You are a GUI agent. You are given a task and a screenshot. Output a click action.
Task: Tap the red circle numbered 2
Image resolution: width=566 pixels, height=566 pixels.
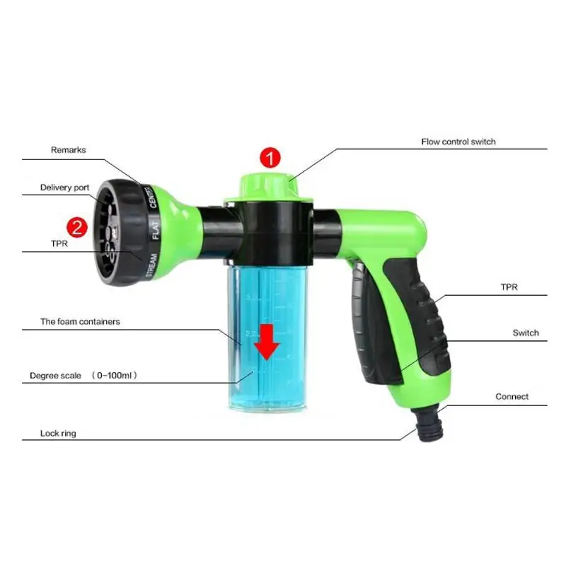pos(76,228)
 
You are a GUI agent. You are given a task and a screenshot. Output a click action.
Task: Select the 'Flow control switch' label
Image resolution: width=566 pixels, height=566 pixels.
pos(458,141)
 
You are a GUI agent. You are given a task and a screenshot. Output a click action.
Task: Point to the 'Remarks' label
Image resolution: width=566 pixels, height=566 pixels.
pos(68,150)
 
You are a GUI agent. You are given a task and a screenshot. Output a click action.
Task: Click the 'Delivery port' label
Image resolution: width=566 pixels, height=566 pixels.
pos(64,187)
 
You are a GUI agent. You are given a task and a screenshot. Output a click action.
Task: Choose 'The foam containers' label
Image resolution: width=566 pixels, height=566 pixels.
pos(80,321)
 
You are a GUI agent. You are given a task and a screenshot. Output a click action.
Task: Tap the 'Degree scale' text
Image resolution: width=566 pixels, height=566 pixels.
pos(56,376)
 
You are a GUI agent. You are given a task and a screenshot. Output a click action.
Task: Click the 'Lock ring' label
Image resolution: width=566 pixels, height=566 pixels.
pos(59,433)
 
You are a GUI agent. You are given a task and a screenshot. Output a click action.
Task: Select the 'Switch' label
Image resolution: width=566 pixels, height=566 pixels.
pos(526,333)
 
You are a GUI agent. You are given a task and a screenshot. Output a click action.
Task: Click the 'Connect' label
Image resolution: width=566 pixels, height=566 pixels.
pos(512,397)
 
